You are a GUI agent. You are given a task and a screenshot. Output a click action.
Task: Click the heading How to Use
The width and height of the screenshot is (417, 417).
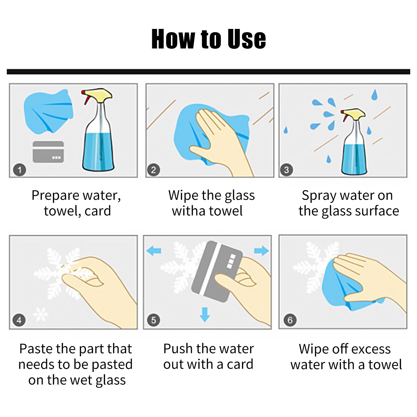208,39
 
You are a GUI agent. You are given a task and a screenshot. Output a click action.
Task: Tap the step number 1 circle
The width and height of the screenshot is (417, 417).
20,170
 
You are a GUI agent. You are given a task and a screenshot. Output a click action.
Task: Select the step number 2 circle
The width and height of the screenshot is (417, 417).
154,170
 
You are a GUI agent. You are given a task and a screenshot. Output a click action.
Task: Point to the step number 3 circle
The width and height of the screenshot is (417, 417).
286,170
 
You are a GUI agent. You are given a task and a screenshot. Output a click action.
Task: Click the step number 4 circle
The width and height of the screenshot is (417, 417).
19,320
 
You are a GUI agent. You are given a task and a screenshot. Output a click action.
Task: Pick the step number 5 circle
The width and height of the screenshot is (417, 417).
154,320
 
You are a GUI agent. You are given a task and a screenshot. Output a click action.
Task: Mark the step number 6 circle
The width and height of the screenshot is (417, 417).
290,320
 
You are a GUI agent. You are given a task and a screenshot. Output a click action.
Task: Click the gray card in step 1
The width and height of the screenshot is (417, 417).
48,152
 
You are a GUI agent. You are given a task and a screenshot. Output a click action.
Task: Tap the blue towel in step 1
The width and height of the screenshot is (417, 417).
48,111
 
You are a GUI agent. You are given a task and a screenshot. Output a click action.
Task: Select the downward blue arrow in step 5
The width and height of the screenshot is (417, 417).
205,314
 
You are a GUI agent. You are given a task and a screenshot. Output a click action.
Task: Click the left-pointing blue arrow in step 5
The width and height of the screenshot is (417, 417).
154,251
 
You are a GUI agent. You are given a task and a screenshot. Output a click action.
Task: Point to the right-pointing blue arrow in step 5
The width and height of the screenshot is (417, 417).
261,251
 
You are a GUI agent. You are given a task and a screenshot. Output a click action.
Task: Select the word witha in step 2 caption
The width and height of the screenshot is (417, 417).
185,211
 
